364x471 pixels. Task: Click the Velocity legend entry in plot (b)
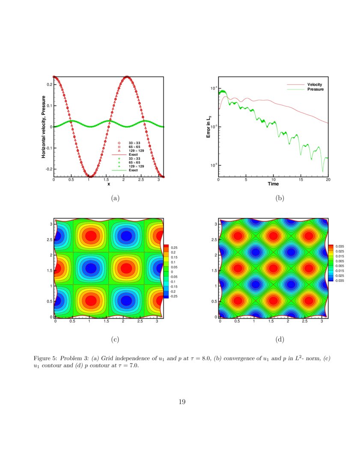314,85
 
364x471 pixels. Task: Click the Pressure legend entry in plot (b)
315,89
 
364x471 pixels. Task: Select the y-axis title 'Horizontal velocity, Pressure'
44,127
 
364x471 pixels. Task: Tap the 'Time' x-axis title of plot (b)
273,184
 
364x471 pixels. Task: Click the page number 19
182,402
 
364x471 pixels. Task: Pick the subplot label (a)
115,198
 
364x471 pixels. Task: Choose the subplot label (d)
280,340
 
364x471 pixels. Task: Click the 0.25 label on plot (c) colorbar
175,247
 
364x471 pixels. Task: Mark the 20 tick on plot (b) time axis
328,180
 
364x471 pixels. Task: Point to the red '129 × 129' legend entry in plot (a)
136,150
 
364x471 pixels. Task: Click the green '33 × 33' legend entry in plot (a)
134,159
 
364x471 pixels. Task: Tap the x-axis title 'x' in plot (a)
109,184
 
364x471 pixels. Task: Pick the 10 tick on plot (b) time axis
273,180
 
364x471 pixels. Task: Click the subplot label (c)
115,340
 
